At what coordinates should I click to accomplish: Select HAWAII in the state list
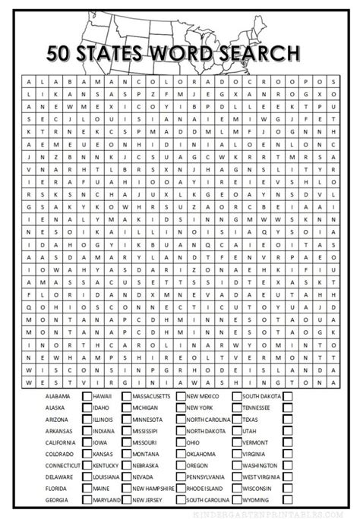pos(103,397)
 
